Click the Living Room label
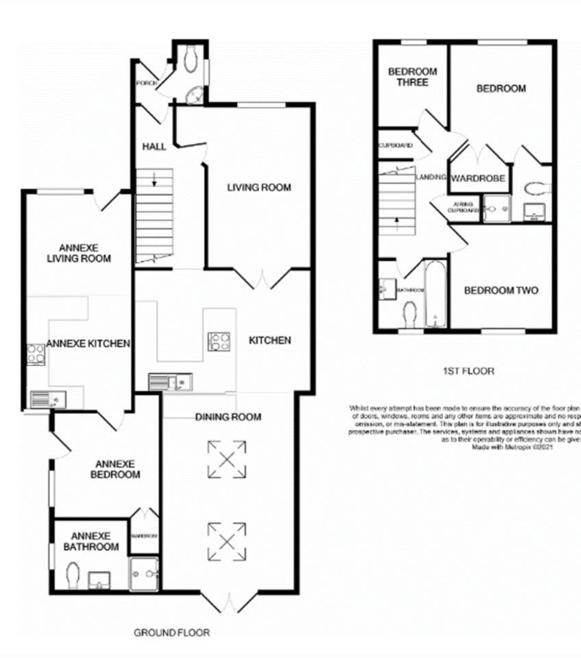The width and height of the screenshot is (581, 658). coord(259,187)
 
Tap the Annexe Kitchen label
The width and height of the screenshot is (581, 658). coord(88,343)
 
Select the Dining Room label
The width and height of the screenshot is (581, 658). coord(228,417)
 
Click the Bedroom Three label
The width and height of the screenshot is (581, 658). coord(408,77)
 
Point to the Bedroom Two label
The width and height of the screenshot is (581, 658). coord(501,291)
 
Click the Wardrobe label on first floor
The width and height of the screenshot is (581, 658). coord(478,178)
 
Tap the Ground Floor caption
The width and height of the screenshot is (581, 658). coord(171,633)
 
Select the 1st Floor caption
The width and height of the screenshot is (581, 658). coord(468,371)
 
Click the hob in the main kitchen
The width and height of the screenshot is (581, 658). coord(219,341)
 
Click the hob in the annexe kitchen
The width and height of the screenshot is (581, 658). coord(36,354)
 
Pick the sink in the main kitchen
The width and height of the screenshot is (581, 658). coord(170,381)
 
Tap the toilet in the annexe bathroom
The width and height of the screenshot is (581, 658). coord(73,574)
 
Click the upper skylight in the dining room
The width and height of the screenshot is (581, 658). coord(227,459)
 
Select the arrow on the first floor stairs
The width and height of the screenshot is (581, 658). coord(397,221)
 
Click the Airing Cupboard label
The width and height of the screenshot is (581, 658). coord(463,208)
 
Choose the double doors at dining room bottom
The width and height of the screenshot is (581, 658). coord(228,602)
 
